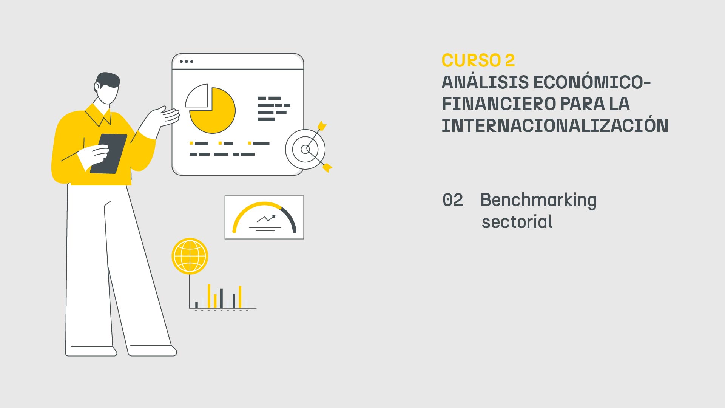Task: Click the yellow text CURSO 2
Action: click(478, 61)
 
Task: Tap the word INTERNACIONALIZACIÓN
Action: click(554, 126)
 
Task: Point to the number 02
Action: click(452, 200)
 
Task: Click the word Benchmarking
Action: click(538, 200)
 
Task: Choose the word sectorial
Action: click(517, 222)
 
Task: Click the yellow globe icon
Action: click(190, 256)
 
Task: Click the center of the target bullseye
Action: click(305, 150)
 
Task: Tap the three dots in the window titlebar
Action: click(186, 62)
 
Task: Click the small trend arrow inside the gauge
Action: click(267, 218)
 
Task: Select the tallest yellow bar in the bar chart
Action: click(209, 296)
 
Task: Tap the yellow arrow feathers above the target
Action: click(322, 125)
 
